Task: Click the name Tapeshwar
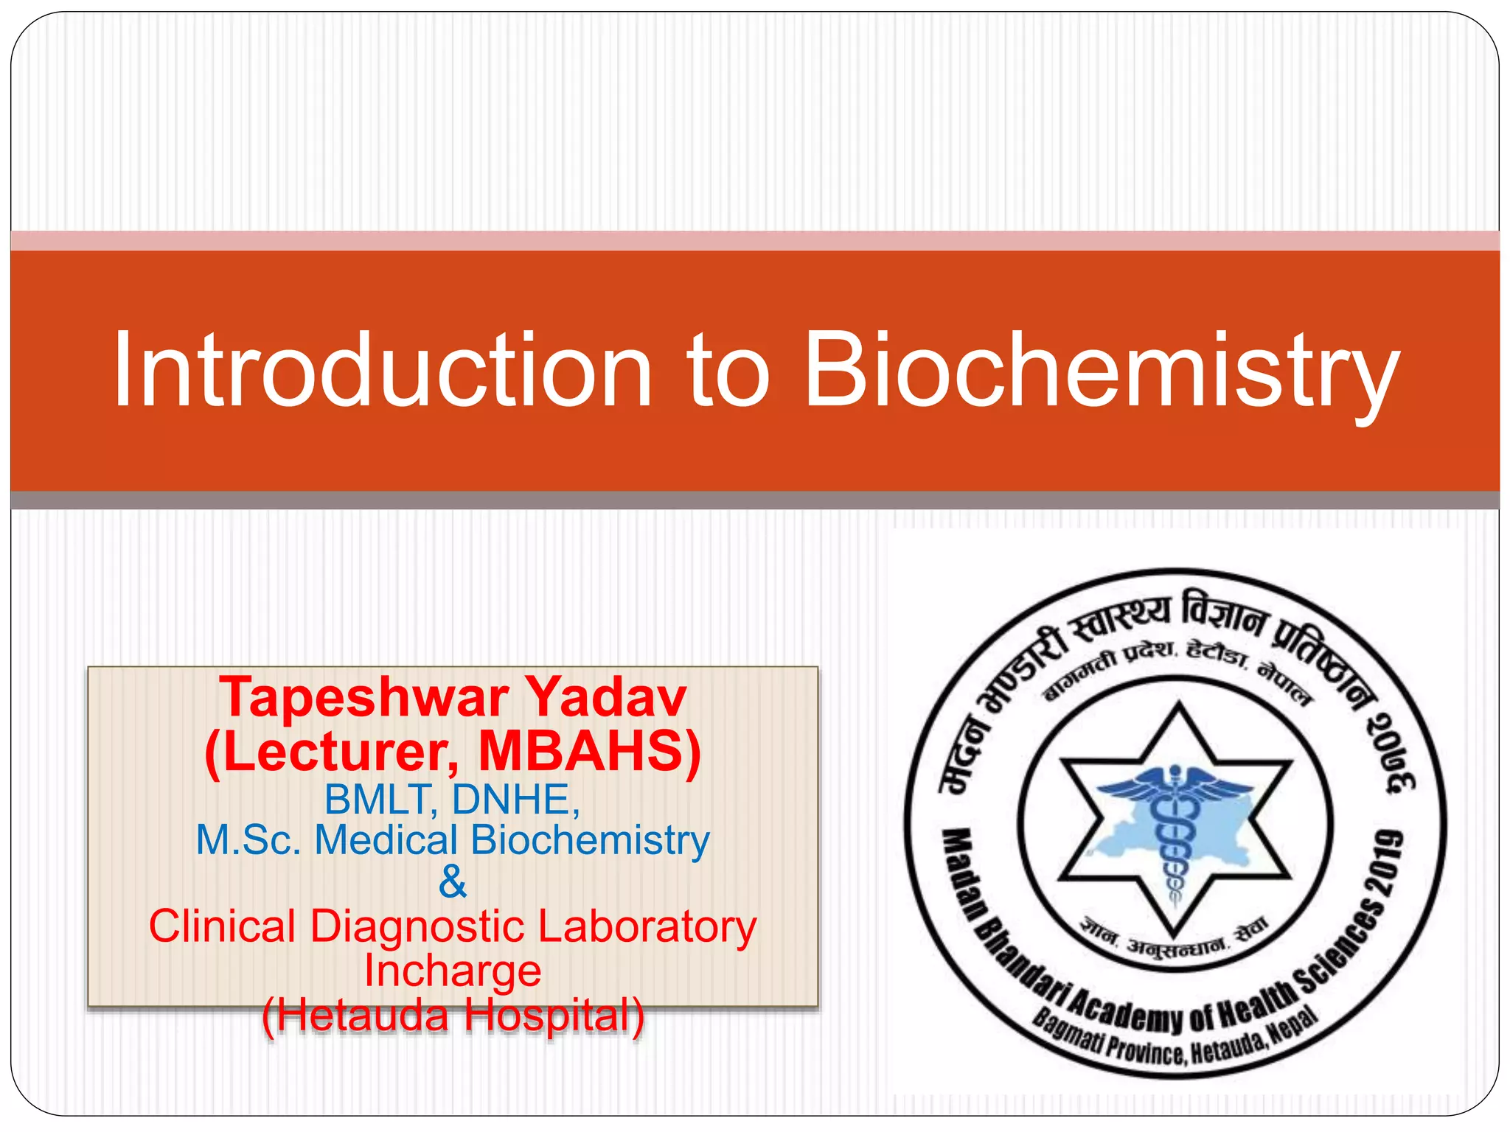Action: [363, 697]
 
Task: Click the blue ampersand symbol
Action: [452, 881]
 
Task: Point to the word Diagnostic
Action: [417, 926]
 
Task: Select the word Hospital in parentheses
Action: [553, 1015]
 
